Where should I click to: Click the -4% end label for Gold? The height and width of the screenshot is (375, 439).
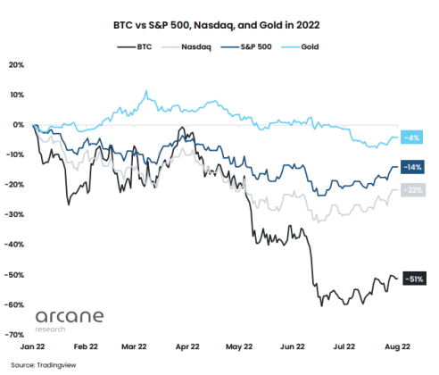click(x=412, y=137)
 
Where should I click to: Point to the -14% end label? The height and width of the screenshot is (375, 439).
click(x=413, y=167)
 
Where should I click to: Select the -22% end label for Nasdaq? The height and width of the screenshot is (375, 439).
click(x=413, y=189)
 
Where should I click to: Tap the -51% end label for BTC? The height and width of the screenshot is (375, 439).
click(x=413, y=279)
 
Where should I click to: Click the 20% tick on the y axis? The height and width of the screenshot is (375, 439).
click(x=16, y=64)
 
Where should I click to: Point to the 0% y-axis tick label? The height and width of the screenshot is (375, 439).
click(x=18, y=124)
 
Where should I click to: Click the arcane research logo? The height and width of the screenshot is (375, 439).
click(x=70, y=319)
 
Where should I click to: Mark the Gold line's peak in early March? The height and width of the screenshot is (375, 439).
click(x=145, y=91)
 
